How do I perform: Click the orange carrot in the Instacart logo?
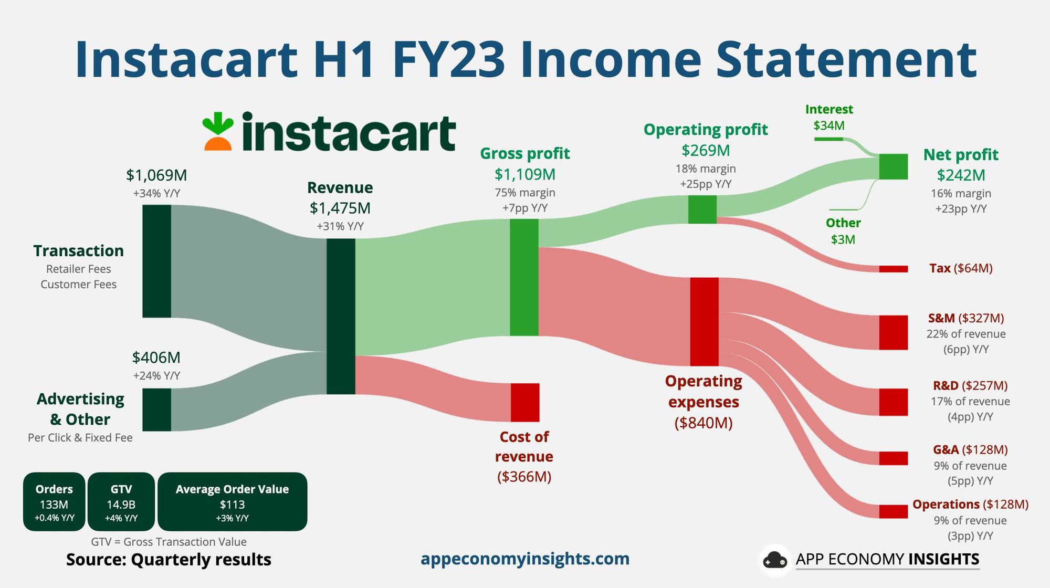click(x=218, y=143)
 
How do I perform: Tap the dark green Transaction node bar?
click(x=156, y=261)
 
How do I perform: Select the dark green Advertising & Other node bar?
click(x=156, y=409)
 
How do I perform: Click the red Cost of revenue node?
click(x=525, y=402)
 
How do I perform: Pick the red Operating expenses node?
click(x=704, y=321)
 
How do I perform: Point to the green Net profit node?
click(x=894, y=166)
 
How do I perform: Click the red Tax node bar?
click(x=894, y=269)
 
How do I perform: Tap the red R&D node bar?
click(x=894, y=402)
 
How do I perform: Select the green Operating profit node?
click(x=702, y=209)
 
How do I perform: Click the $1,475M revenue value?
click(x=340, y=208)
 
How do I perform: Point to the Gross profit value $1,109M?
click(x=525, y=174)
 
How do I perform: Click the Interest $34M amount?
click(x=829, y=125)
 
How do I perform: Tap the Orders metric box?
click(x=54, y=502)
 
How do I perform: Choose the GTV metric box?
click(x=121, y=502)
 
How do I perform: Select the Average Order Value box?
click(x=233, y=502)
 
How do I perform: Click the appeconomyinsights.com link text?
click(x=525, y=559)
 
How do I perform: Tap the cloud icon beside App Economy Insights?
click(x=775, y=560)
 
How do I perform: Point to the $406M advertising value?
click(x=156, y=358)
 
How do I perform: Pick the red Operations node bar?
click(x=894, y=511)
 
